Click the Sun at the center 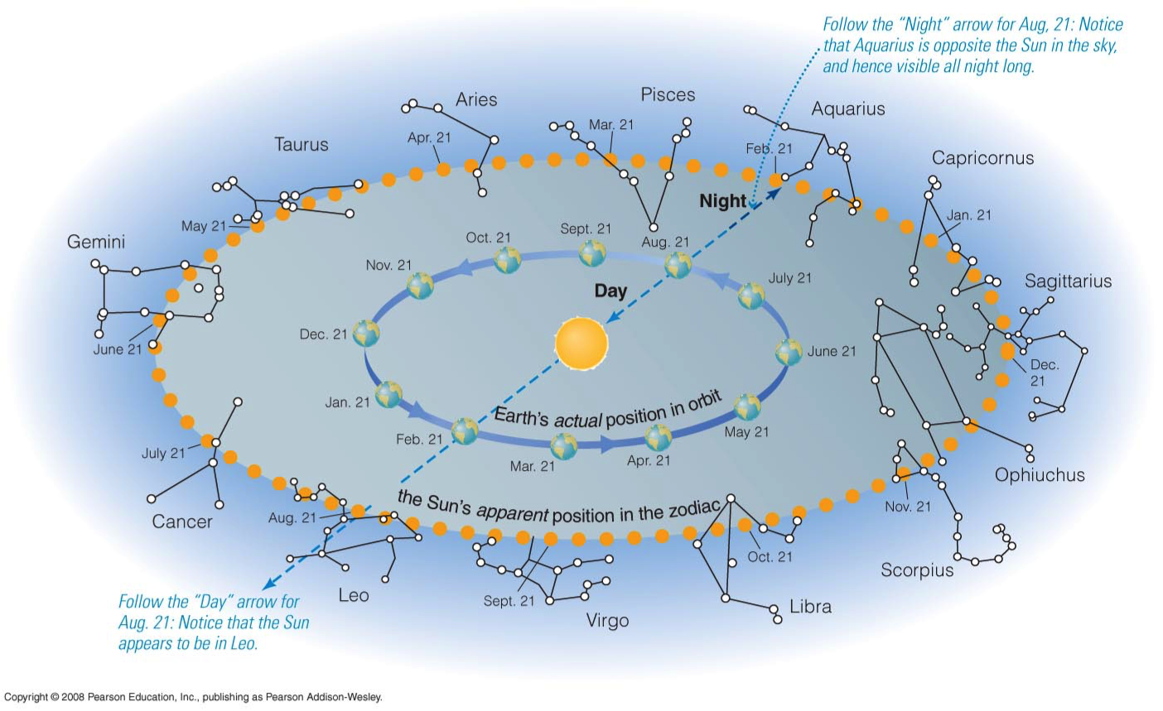[581, 343]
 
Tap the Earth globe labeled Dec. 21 [366, 334]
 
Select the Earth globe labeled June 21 [789, 352]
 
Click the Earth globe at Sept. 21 [592, 253]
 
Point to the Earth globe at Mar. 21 [564, 446]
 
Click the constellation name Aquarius [848, 108]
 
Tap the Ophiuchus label [1040, 475]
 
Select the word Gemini [96, 242]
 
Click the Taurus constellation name [302, 144]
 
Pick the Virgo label [607, 621]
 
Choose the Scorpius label [917, 570]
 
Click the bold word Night [722, 201]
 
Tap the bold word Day [610, 291]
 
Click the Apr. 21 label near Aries [429, 137]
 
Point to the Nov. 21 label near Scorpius [908, 507]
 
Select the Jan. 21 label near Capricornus [969, 215]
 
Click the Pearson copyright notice [193, 697]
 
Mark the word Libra [810, 606]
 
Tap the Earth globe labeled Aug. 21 [678, 265]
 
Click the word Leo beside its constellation [354, 595]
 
